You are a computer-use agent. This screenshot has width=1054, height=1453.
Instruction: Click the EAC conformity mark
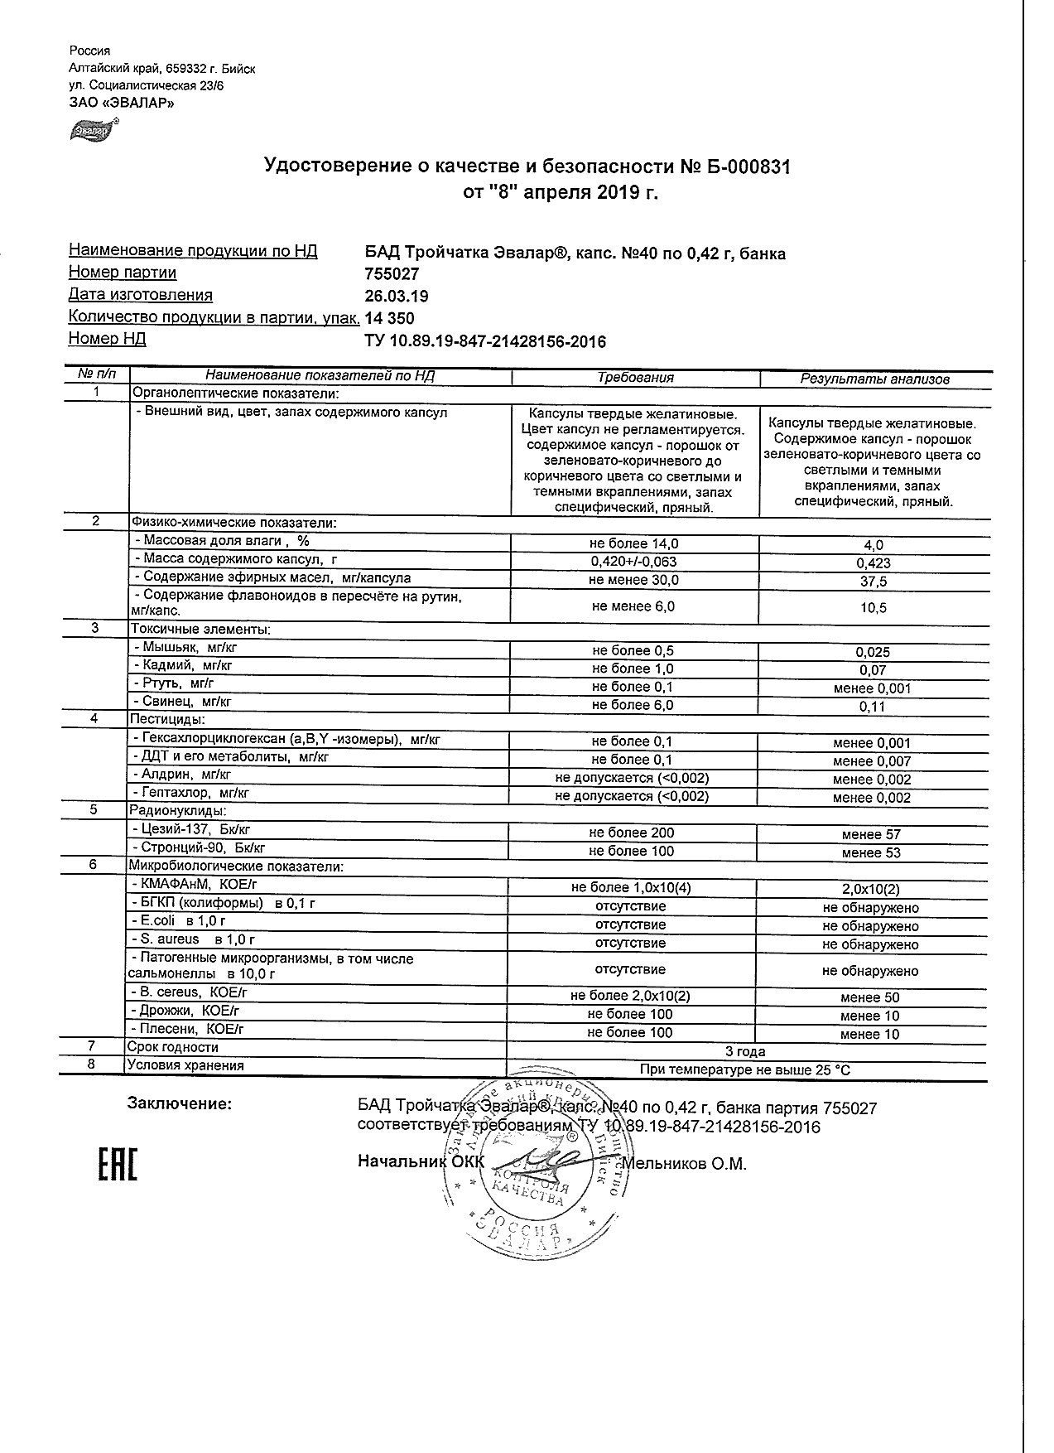(x=118, y=1165)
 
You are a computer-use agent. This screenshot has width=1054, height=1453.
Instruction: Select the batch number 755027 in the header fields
(x=392, y=274)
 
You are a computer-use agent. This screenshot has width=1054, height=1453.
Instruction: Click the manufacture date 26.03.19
(x=397, y=296)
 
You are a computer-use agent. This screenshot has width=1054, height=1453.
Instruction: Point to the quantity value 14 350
(x=389, y=318)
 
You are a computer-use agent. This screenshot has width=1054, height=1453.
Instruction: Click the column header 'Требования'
(x=635, y=378)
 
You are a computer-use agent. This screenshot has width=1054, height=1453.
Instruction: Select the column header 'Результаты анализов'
(x=874, y=379)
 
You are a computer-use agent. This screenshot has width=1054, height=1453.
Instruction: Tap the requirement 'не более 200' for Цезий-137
(x=633, y=833)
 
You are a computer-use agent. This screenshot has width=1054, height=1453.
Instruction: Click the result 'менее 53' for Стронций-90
(x=871, y=852)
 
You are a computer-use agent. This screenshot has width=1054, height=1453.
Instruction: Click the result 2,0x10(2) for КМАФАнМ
(x=871, y=890)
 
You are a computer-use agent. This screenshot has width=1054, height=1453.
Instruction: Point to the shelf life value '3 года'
(x=745, y=1052)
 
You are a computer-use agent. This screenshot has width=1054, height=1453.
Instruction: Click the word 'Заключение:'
(x=180, y=1103)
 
